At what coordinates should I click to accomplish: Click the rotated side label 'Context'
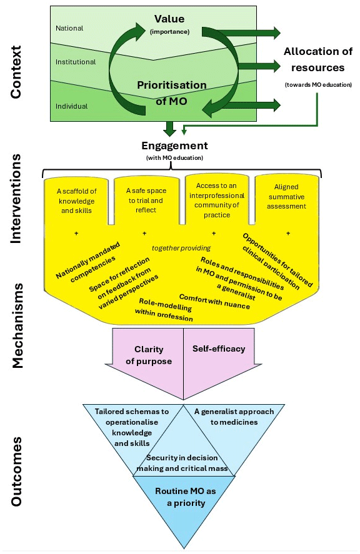click(16, 72)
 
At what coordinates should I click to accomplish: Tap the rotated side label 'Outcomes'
click(16, 472)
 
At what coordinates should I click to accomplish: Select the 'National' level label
click(69, 28)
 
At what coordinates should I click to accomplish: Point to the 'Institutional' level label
click(76, 62)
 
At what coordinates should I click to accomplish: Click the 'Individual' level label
click(71, 106)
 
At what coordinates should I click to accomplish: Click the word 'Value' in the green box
click(169, 19)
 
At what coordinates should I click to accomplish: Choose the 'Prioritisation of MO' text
click(171, 93)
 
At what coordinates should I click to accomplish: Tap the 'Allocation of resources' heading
click(318, 59)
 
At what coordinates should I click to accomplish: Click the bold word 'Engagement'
click(175, 146)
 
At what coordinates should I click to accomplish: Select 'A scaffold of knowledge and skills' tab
click(76, 200)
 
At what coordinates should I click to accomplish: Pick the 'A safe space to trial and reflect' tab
click(146, 200)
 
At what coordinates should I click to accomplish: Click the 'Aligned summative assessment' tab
click(286, 197)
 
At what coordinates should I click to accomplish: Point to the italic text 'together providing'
click(181, 248)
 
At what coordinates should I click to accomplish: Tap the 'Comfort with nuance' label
click(214, 302)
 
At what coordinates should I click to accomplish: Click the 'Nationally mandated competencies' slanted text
click(88, 262)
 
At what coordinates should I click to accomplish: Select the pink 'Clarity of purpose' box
click(149, 355)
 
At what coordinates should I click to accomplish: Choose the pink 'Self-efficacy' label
click(219, 349)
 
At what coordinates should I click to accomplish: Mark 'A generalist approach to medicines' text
click(234, 417)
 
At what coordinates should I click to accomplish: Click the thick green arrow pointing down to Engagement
click(170, 129)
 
